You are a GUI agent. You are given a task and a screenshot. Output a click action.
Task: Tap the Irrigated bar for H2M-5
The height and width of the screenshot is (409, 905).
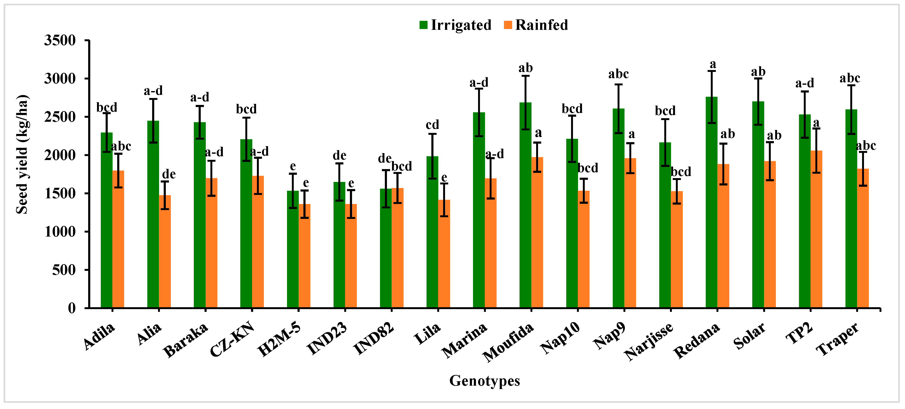293,249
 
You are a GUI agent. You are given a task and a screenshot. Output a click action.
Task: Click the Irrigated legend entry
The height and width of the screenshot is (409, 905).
456,25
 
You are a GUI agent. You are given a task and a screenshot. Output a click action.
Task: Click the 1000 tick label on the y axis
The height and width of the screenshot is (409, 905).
60,232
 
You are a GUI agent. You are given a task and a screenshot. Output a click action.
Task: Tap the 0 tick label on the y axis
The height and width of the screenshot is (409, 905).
71,308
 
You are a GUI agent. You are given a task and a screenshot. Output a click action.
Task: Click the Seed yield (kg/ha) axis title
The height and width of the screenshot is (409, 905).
22,155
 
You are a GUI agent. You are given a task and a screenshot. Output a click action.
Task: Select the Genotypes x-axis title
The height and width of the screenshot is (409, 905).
484,381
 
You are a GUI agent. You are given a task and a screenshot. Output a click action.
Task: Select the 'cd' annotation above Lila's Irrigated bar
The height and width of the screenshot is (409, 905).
432,125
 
